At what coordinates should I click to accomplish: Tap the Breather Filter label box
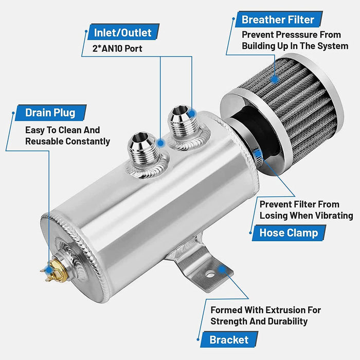278,20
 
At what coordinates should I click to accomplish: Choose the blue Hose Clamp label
288,232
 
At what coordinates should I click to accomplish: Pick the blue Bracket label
229,339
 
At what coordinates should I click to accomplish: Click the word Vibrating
334,215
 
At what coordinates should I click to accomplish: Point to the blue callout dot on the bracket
222,268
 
